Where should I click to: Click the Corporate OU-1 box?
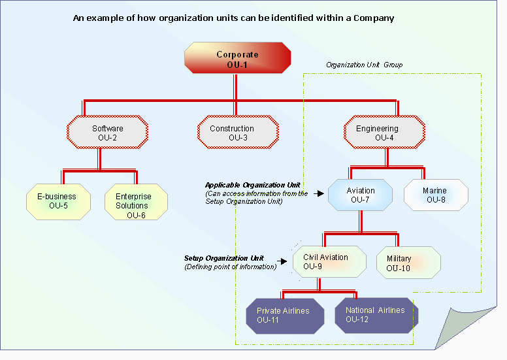point(238,59)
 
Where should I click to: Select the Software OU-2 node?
point(107,133)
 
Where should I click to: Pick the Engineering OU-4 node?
point(384,133)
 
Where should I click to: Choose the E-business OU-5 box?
point(57,201)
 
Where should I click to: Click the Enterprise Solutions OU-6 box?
point(136,205)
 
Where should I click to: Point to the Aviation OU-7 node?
point(361,195)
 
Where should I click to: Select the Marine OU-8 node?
point(436,195)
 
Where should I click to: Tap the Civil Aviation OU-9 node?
point(325,261)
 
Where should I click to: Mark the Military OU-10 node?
point(408,263)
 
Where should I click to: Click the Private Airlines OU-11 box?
point(282,316)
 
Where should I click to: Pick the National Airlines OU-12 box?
point(375,315)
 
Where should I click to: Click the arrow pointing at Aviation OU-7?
point(319,194)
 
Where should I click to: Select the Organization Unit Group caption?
point(364,65)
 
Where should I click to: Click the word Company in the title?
point(374,18)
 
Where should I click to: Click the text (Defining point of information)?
point(231,267)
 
